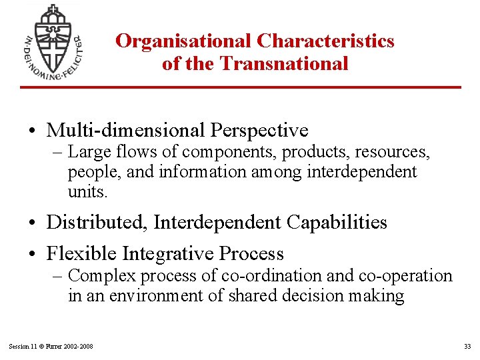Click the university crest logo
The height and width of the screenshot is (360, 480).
(52, 42)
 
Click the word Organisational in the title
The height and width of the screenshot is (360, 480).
(183, 41)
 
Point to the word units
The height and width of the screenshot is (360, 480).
(87, 192)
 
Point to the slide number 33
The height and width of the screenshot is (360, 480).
(467, 346)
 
